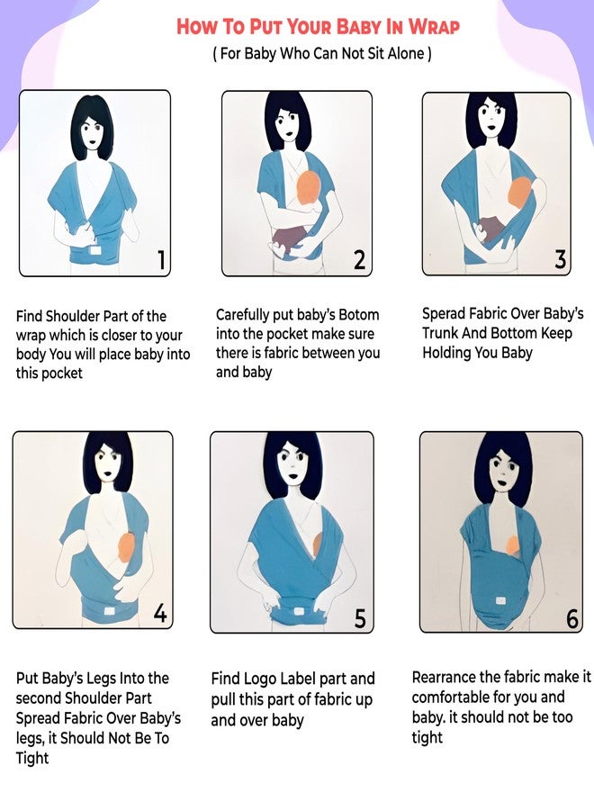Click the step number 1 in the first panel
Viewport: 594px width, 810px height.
(161, 260)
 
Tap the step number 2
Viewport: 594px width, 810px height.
(359, 260)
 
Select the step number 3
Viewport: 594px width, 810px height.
(561, 259)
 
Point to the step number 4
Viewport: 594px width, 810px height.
(160, 614)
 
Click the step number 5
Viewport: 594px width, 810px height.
(360, 618)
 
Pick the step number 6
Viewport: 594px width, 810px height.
(573, 618)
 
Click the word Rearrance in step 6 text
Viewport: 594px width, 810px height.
(451, 677)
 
